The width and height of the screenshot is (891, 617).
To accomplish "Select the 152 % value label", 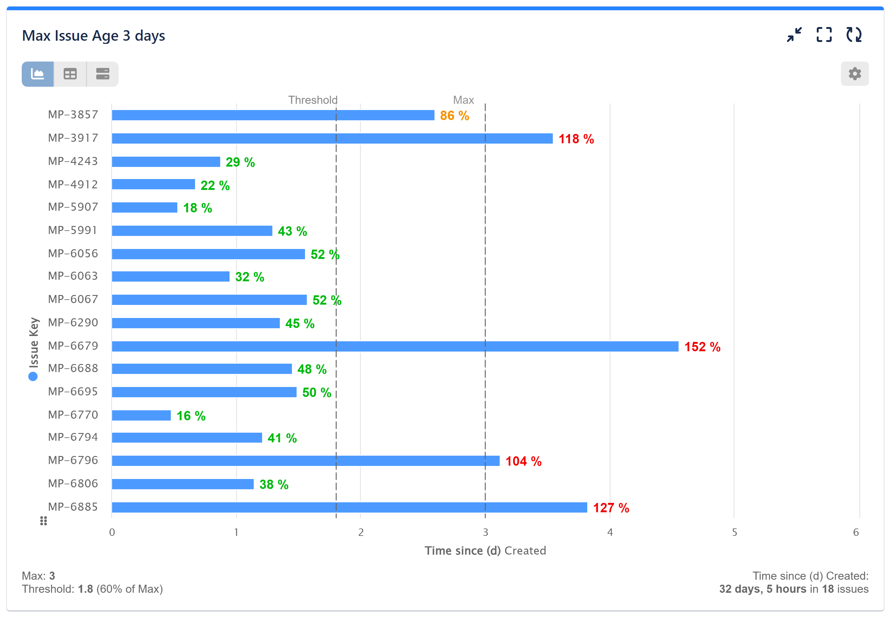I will coord(702,347).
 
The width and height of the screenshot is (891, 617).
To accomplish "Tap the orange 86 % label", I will coord(454,116).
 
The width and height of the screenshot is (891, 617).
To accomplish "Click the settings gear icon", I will coord(854,73).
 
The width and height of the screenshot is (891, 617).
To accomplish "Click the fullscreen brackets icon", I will coord(824,35).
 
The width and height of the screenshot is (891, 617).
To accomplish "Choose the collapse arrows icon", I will coord(794,35).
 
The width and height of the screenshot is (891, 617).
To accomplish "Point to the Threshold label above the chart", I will coord(312,100).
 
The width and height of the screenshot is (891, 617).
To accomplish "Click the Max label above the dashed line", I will coord(463,100).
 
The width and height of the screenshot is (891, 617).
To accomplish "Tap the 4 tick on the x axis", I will coord(610,532).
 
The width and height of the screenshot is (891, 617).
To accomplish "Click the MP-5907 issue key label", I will coord(73,207).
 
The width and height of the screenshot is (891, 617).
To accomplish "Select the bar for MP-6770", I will coord(141,415).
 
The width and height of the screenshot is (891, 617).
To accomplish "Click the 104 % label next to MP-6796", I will coord(523,461).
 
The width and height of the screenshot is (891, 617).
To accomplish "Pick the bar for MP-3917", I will coord(332,138).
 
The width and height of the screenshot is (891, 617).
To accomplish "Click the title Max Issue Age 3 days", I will coord(93,35).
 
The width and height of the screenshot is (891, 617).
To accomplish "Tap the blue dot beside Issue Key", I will coord(33,376).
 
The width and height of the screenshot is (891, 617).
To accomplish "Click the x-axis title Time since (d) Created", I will coord(485,550).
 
